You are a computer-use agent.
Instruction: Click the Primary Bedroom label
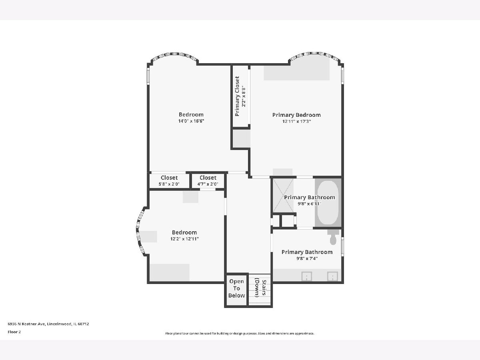296,115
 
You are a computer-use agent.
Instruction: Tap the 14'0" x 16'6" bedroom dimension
191,121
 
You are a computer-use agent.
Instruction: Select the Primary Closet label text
237,96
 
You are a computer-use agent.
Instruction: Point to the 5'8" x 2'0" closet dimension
169,184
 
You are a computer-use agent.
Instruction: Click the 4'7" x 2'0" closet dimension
208,184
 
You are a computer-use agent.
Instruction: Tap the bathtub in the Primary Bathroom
328,202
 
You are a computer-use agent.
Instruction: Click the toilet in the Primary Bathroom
333,237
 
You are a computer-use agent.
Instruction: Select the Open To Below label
236,288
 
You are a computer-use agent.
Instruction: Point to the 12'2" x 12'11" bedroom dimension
184,239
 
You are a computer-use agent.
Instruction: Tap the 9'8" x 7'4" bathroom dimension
307,258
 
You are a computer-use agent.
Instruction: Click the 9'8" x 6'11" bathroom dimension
310,204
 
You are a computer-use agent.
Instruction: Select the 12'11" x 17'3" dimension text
296,122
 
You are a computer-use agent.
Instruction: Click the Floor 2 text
14,332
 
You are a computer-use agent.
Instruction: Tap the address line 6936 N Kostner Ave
48,324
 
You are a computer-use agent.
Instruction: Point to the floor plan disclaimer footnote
240,333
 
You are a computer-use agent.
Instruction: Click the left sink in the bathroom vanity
306,276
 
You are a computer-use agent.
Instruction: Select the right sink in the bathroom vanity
332,276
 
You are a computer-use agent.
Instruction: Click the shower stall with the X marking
283,196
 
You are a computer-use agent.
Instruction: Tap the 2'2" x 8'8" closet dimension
244,96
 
